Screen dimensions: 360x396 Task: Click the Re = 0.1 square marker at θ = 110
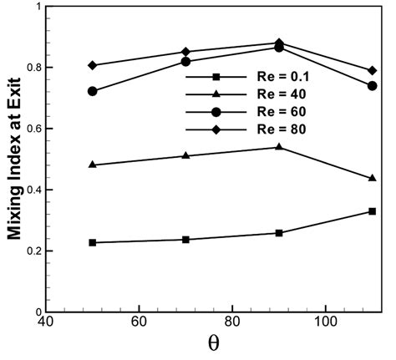tap(372, 211)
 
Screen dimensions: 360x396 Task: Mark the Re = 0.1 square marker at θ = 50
tap(93, 242)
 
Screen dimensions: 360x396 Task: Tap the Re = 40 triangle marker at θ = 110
tap(372, 178)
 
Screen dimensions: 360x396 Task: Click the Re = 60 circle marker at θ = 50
tap(93, 91)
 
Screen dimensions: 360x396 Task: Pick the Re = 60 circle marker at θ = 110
tap(372, 85)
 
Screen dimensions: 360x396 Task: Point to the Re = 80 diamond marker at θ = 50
tap(93, 65)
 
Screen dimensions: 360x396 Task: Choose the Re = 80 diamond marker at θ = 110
tap(372, 70)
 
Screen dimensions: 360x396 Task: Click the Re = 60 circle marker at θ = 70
tap(185, 62)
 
